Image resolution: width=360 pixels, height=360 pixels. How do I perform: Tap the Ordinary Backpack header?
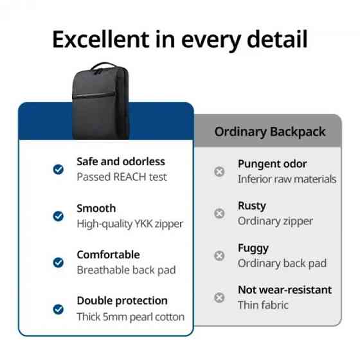tap(269, 132)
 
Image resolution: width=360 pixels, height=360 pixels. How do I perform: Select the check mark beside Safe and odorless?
tap(58, 169)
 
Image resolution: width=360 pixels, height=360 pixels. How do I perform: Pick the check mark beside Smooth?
tap(58, 216)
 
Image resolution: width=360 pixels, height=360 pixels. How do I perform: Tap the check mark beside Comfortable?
tap(58, 262)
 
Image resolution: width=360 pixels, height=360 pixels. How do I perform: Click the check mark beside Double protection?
tap(58, 309)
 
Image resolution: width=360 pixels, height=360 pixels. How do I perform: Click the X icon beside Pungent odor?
tap(219, 172)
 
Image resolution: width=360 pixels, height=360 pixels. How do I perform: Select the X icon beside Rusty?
tap(219, 213)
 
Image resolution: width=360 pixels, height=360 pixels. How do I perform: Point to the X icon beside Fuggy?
tap(219, 255)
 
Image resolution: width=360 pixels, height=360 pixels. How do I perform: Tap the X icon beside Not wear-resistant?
tap(219, 297)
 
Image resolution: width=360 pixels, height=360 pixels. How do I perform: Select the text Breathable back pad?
tap(126, 270)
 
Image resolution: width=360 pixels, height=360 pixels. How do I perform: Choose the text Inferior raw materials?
tap(287, 179)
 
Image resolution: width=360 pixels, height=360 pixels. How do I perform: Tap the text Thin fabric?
tap(263, 305)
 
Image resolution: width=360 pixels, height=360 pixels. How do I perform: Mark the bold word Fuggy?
tap(253, 248)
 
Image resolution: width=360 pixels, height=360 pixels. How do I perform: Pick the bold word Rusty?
tap(252, 206)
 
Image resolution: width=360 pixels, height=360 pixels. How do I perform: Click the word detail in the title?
tap(274, 40)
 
